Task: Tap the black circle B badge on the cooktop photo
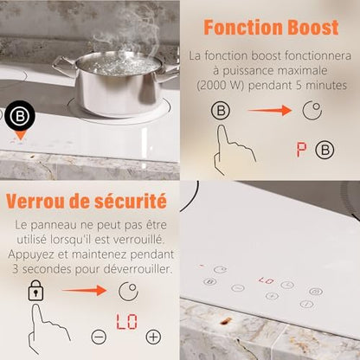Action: [20, 115]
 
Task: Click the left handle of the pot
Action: [63, 66]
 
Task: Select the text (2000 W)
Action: [221, 86]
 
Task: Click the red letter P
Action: [302, 150]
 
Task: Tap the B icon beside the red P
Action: [325, 150]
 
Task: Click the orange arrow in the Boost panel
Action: [269, 110]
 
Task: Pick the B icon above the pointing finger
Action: [221, 110]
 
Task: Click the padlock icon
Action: [35, 291]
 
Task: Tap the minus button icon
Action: [99, 337]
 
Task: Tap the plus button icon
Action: [153, 337]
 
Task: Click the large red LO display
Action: [126, 322]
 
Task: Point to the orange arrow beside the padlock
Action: [84, 290]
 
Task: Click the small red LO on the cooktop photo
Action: [267, 280]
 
